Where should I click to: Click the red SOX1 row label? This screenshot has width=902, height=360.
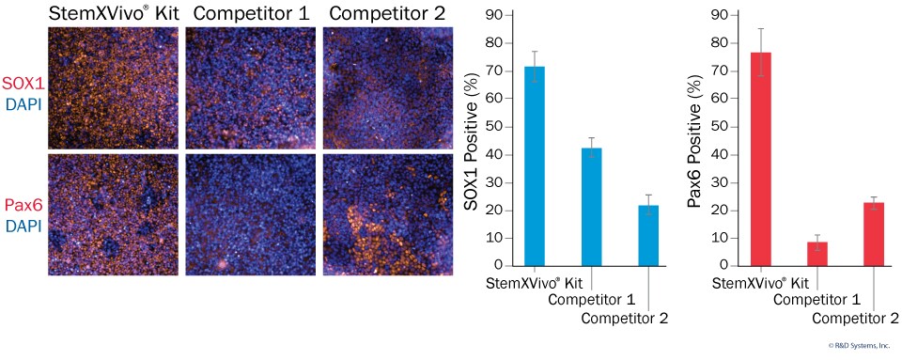tap(22, 84)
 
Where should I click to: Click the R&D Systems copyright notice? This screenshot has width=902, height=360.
tap(858, 346)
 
